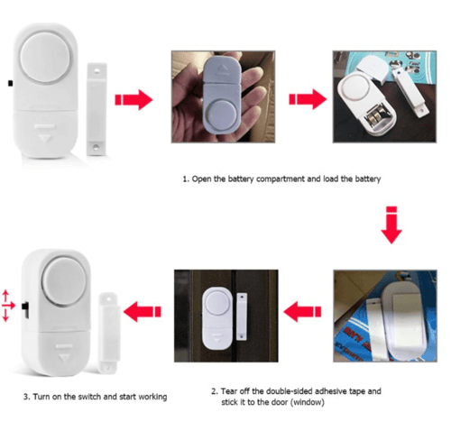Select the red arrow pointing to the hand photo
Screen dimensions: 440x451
(x=137, y=98)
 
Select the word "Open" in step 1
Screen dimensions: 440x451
(x=204, y=179)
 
